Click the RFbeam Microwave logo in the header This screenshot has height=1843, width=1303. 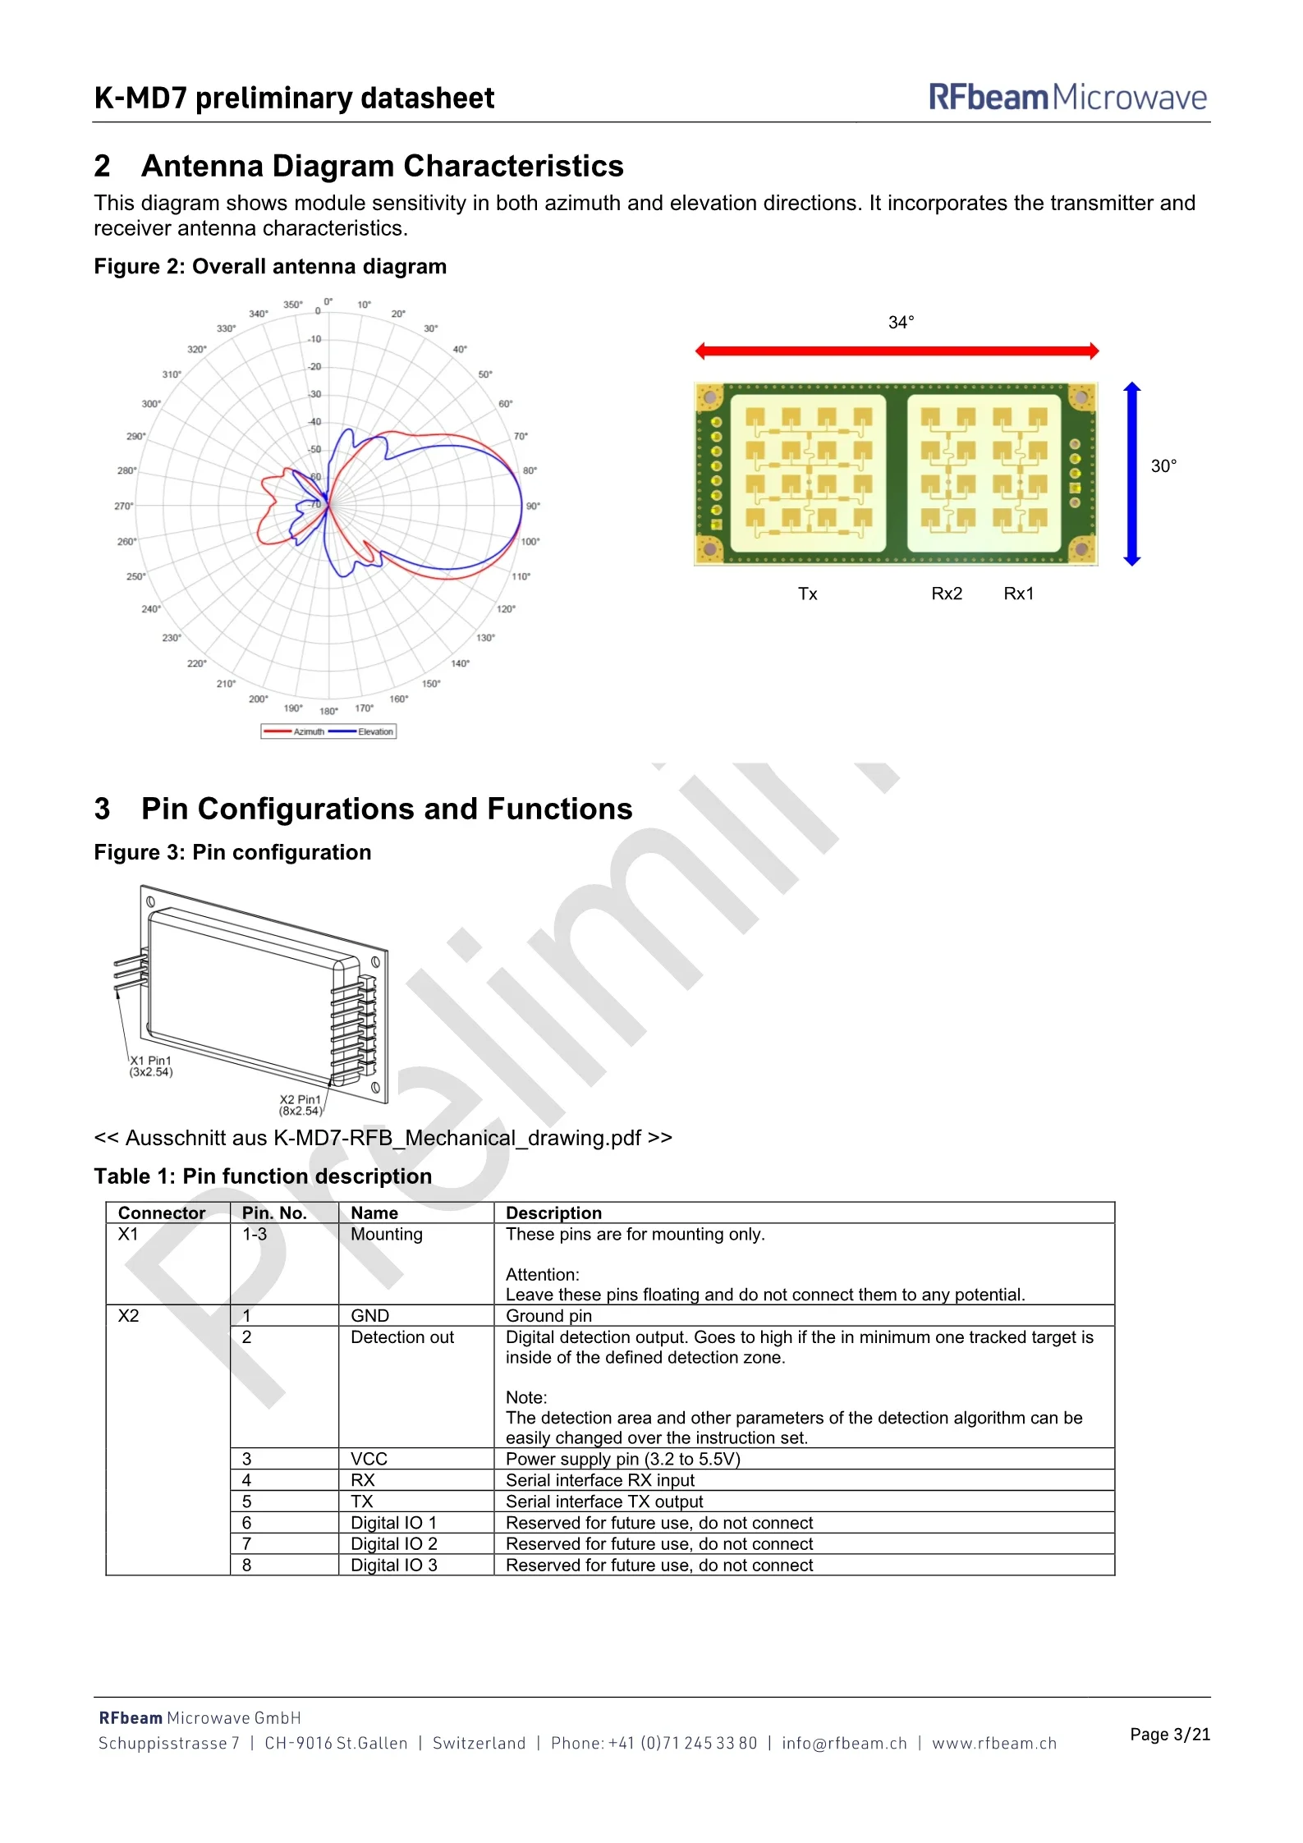point(1067,97)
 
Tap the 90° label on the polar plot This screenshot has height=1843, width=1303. point(534,506)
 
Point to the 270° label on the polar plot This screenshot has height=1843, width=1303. point(123,506)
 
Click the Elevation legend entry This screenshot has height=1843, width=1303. point(362,731)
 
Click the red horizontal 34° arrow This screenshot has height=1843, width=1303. point(897,351)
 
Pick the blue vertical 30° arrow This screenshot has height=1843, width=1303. point(1132,474)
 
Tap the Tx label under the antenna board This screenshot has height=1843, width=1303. point(807,594)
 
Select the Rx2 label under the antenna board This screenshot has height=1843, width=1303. point(947,594)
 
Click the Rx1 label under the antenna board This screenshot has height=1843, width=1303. point(1019,594)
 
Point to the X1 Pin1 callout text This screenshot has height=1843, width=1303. point(151,1066)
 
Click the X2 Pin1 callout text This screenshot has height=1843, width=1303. point(301,1105)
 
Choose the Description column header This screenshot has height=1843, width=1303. point(553,1213)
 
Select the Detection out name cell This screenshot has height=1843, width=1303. point(402,1337)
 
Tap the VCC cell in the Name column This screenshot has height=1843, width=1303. point(369,1459)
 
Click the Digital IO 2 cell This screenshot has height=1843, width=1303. point(394,1544)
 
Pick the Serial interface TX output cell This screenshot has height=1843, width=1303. point(604,1501)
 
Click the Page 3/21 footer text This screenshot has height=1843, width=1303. point(1170,1734)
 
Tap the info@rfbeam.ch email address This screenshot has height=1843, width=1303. point(844,1743)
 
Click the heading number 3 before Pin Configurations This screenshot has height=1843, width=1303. point(103,809)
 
